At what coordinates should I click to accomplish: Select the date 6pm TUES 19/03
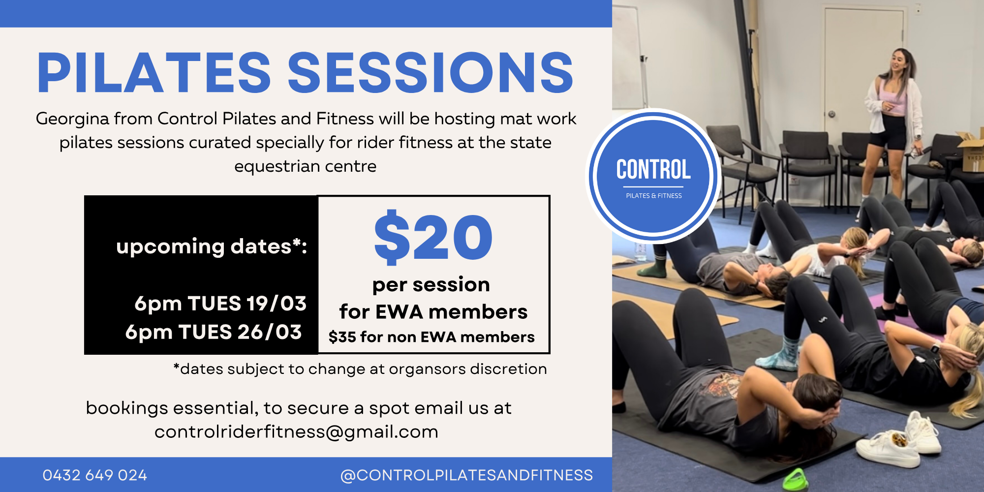(220, 304)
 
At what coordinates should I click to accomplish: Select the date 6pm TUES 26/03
(214, 332)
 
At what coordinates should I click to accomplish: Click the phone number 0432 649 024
(95, 475)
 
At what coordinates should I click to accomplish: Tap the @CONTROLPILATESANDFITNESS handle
(466, 475)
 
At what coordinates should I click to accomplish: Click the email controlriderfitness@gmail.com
(296, 431)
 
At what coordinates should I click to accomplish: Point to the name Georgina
(72, 120)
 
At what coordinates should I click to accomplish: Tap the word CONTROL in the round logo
(653, 170)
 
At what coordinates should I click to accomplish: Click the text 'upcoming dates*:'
(212, 246)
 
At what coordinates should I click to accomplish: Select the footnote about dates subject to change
(360, 369)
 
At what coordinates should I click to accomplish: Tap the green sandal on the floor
(796, 480)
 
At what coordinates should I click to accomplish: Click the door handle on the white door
(831, 114)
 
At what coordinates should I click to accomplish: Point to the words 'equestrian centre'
(305, 167)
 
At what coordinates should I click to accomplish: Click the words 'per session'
(431, 285)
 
